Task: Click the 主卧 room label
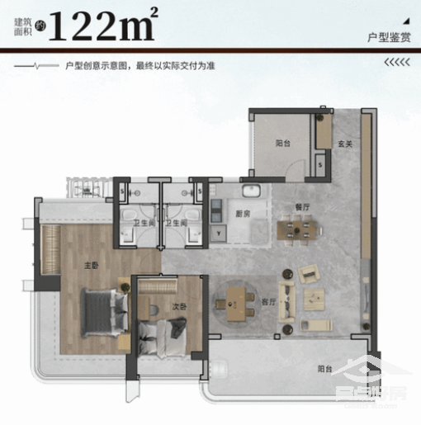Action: [92, 266]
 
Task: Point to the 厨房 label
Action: [245, 213]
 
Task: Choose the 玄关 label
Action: [345, 144]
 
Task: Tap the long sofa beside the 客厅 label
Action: [288, 300]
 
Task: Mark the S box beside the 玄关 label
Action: [320, 164]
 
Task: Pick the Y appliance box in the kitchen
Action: [218, 234]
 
